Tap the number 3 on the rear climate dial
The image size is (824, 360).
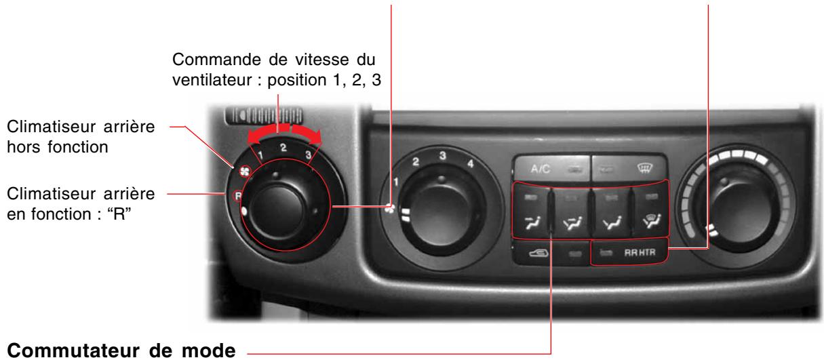point(309,155)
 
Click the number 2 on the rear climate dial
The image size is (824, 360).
point(283,147)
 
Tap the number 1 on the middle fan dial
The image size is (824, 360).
point(395,182)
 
